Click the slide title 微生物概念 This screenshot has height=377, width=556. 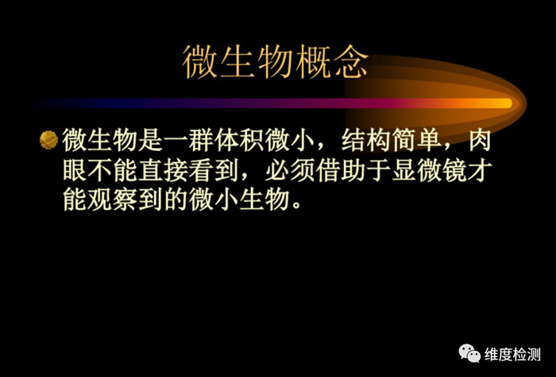click(276, 62)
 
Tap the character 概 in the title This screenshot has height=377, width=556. click(312, 62)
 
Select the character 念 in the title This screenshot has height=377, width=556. click(350, 62)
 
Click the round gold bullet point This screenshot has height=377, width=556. click(48, 140)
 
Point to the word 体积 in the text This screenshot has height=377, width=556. click(239, 140)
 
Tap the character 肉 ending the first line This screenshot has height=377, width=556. click(480, 140)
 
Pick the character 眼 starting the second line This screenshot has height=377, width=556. click(75, 170)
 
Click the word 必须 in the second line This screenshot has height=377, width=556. click(290, 170)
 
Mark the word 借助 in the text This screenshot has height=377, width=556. click(341, 170)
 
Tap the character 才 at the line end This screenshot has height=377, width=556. click(480, 170)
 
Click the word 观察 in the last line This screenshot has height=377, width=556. click(113, 200)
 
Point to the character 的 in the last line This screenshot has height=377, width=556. click(176, 200)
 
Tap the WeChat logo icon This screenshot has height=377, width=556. click(470, 353)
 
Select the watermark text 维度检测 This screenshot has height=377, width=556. click(513, 355)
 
